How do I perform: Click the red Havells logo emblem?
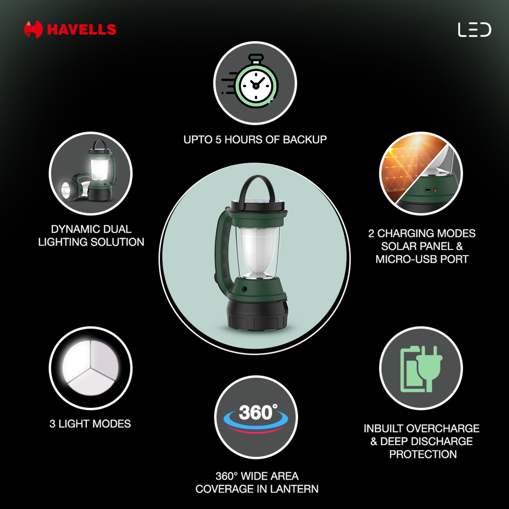pyautogui.click(x=33, y=30)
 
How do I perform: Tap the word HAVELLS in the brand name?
pyautogui.click(x=82, y=30)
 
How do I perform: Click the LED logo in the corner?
pyautogui.click(x=474, y=30)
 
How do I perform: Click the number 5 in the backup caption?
pyautogui.click(x=219, y=139)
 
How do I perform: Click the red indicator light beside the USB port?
pyautogui.click(x=435, y=190)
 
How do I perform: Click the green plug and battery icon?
pyautogui.click(x=421, y=369)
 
